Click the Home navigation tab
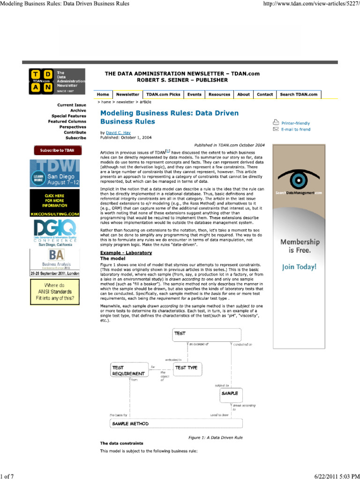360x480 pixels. pos(103,94)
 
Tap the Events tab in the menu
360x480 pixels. pos(194,94)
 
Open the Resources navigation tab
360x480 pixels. pos(219,94)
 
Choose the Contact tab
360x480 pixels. pos(264,94)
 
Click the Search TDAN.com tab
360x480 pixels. pos(299,94)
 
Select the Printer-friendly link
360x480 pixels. pos(295,123)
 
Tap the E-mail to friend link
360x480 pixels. pos(295,129)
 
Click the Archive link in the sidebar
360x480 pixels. pos(78,111)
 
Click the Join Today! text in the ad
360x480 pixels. pos(299,267)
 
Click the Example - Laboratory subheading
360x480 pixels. pos(126,253)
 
